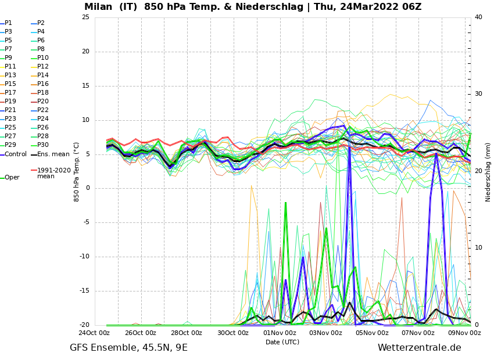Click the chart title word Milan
pos(100,7)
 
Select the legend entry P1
pos(8,23)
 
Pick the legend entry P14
pos(42,75)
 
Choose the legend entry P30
pos(42,145)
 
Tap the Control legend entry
pos(16,154)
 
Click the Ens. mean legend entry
pos(53,154)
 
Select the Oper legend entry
pos(12,178)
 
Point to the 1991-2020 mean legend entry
pos(53,173)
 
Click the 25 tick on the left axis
pos(85,17)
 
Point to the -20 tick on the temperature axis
pos(84,325)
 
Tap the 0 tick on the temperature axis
pos(87,188)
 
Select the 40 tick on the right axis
pos(478,17)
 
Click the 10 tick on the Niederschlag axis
pos(478,248)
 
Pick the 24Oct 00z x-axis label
pos(94,333)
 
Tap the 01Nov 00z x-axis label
pos(279,333)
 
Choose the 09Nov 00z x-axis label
pos(464,333)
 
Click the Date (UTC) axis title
pos(282,342)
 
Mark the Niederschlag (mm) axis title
pos(488,172)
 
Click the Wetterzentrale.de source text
pos(419,348)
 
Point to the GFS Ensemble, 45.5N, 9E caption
pos(128,348)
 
